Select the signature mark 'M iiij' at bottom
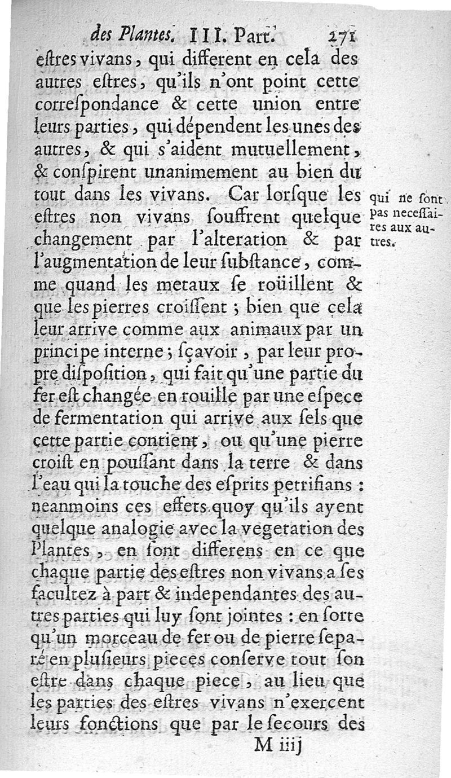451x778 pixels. click(278, 744)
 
